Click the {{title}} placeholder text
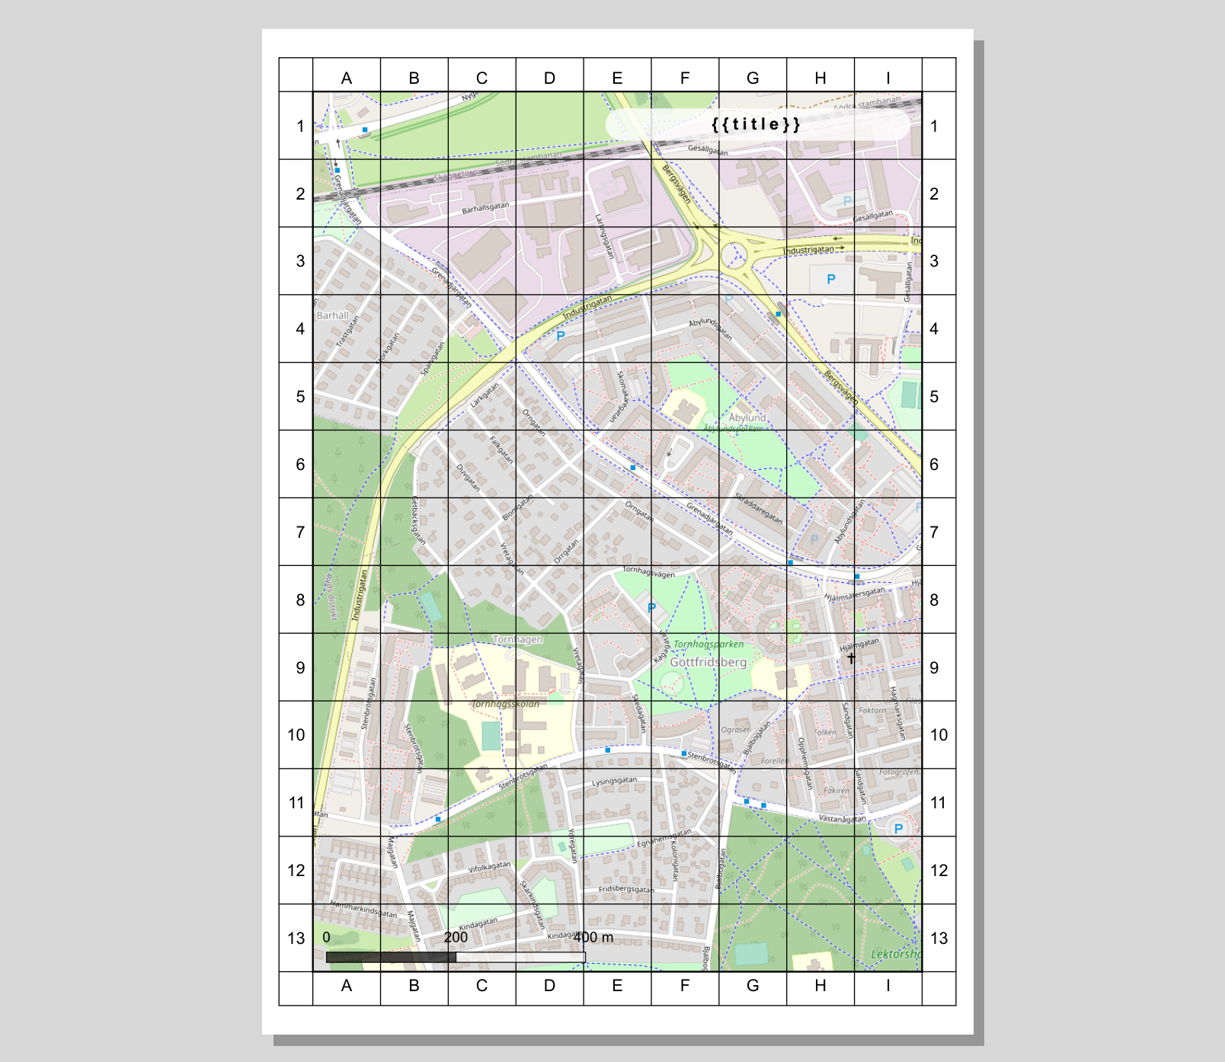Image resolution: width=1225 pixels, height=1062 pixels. pyautogui.click(x=756, y=124)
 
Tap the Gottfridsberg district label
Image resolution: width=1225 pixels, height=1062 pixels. pyautogui.click(x=708, y=662)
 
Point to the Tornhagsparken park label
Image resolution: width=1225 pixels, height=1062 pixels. pyautogui.click(x=708, y=645)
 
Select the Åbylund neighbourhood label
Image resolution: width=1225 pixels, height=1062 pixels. pyautogui.click(x=747, y=417)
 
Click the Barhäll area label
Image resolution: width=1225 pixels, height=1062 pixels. pyautogui.click(x=332, y=315)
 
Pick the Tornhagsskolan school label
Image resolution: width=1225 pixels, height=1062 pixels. pyautogui.click(x=505, y=704)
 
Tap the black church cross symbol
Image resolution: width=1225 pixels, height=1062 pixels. pyautogui.click(x=850, y=657)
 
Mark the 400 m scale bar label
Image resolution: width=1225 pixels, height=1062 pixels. pyautogui.click(x=593, y=937)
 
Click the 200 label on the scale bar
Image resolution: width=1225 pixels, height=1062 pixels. pyautogui.click(x=456, y=937)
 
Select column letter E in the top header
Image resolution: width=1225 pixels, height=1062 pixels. pyautogui.click(x=617, y=78)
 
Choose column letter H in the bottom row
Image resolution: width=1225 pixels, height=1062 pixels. pyautogui.click(x=820, y=986)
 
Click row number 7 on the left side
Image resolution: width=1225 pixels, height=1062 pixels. pyautogui.click(x=300, y=532)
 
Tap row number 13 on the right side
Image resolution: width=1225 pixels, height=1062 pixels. pyautogui.click(x=939, y=938)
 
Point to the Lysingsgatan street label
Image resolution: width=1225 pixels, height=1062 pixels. pyautogui.click(x=615, y=782)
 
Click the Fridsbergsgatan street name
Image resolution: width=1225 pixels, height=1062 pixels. pyautogui.click(x=626, y=889)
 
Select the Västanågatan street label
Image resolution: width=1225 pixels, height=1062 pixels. pyautogui.click(x=842, y=819)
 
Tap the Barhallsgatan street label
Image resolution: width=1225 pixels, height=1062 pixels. pyautogui.click(x=485, y=207)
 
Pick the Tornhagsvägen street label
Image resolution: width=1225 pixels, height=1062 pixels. pyautogui.click(x=648, y=571)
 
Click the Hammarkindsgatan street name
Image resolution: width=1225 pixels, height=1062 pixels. pyautogui.click(x=363, y=909)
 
